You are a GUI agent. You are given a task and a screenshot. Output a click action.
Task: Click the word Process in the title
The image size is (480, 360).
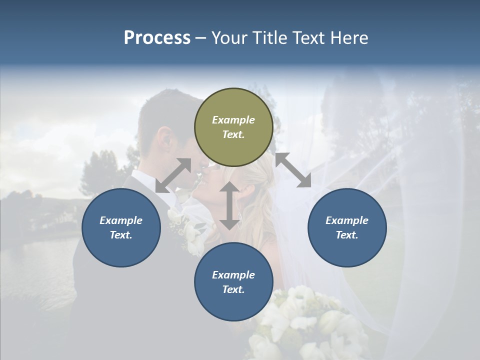tap(157, 37)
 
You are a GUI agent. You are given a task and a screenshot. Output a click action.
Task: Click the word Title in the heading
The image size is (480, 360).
tap(266, 37)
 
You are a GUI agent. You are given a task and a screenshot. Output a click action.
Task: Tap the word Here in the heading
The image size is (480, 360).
tap(349, 37)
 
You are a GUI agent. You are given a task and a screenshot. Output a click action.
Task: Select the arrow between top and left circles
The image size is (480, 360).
tap(173, 175)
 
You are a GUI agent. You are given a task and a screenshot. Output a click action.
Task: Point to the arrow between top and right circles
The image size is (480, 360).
tap(293, 170)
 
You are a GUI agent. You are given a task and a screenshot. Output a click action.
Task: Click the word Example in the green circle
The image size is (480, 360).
tap(233, 120)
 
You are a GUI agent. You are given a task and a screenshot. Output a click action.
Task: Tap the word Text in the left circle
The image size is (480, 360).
tap(121, 235)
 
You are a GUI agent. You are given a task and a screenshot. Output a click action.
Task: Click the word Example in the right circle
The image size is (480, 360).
tap(347, 220)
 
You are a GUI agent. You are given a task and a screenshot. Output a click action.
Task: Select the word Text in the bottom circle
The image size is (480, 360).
tap(233, 289)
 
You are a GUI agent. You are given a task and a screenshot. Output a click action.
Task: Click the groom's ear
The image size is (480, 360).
tap(165, 137)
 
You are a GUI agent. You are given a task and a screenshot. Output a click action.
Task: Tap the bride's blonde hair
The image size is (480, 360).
tap(260, 200)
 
